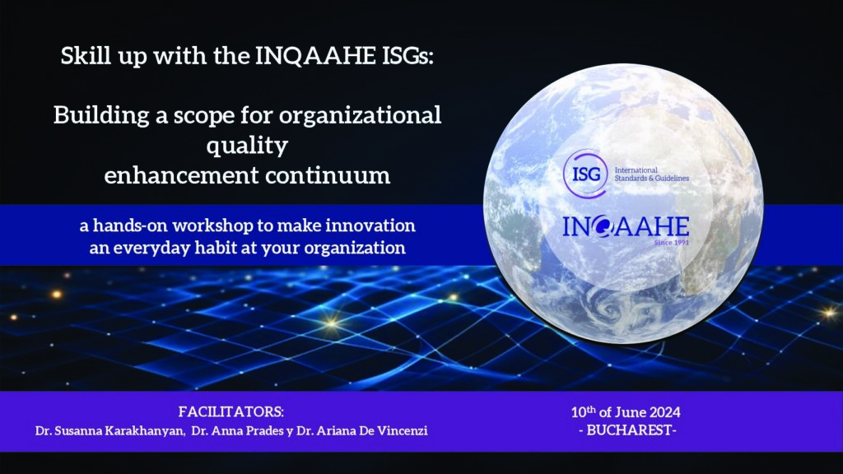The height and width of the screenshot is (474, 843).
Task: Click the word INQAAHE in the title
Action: [x=315, y=56]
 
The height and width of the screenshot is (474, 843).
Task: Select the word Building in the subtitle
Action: [x=101, y=115]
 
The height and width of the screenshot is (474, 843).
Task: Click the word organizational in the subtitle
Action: [x=361, y=115]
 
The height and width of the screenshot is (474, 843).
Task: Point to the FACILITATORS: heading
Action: [x=231, y=412]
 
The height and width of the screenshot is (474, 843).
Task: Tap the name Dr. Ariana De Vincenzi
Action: [x=362, y=431]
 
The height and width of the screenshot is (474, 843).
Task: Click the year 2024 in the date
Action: [x=664, y=413]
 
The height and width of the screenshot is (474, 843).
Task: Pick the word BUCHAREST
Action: [x=628, y=430]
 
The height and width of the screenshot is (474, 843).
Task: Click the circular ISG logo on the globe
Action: [x=585, y=174]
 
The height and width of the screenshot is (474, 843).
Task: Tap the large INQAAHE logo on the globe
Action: [x=626, y=227]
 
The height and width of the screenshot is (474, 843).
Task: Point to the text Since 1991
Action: [x=671, y=243]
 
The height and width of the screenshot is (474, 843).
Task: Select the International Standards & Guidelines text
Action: [x=652, y=174]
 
